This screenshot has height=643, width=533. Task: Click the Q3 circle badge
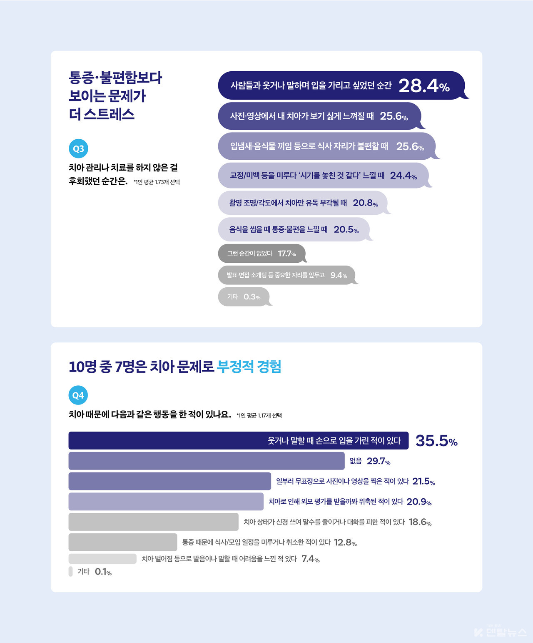click(x=78, y=148)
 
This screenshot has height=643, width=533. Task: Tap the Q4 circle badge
click(x=78, y=395)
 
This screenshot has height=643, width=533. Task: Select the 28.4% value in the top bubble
click(x=424, y=86)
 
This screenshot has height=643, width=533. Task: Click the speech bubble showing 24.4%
click(x=323, y=176)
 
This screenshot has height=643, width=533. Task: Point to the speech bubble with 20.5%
click(x=294, y=229)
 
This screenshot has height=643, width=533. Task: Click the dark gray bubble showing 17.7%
click(x=262, y=254)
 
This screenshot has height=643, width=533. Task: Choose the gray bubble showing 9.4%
click(x=286, y=275)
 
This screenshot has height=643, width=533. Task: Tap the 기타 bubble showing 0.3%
click(x=244, y=297)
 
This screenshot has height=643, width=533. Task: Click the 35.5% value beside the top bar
click(x=436, y=441)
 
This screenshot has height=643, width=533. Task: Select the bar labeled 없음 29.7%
click(x=207, y=461)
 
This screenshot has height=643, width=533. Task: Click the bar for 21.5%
click(x=169, y=481)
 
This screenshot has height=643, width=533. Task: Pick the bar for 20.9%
click(x=166, y=502)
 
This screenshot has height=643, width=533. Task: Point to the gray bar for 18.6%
click(x=153, y=522)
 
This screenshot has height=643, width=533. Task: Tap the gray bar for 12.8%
click(x=123, y=542)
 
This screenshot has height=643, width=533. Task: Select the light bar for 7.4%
click(x=102, y=559)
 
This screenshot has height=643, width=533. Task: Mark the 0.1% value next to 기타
click(x=103, y=572)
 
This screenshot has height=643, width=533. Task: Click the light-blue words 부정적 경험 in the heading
click(x=249, y=367)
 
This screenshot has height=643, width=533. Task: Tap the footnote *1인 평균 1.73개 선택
click(x=157, y=182)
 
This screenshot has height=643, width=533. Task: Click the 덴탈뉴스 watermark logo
click(x=501, y=632)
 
